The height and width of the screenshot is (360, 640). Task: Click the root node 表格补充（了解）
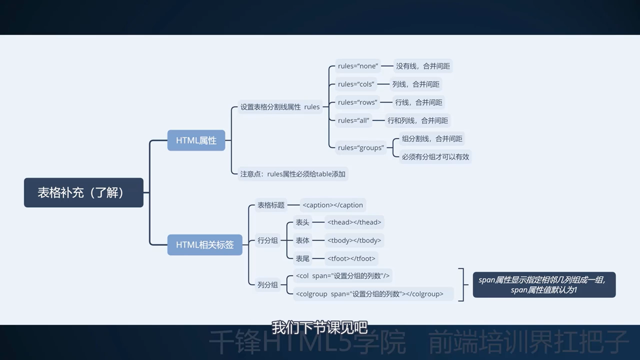pos(83,193)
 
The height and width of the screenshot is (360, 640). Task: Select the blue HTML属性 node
pos(196,140)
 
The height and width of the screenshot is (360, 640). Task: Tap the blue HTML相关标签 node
pos(205,245)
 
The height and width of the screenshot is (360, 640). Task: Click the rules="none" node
pos(358,66)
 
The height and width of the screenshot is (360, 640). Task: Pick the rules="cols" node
pos(356,84)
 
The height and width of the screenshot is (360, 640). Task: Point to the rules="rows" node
pos(357,102)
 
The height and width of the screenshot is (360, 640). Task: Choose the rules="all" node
pos(353,120)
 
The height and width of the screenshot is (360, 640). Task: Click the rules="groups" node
pos(361,148)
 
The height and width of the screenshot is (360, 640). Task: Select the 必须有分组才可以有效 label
pos(435,157)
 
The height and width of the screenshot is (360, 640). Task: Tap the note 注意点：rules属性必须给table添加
pos(293,174)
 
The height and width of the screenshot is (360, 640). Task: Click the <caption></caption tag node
pos(333,205)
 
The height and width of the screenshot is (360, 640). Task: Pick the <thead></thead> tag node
pos(354,222)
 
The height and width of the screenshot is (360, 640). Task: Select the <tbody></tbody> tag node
pos(354,240)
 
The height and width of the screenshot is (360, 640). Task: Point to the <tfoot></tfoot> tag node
pos(351,258)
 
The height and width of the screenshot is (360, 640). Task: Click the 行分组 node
pos(267,240)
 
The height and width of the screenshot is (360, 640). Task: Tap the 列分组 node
pos(267,285)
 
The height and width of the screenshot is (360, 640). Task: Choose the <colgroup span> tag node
pos(369,294)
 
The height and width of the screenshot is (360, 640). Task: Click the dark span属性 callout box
pos(544,285)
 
